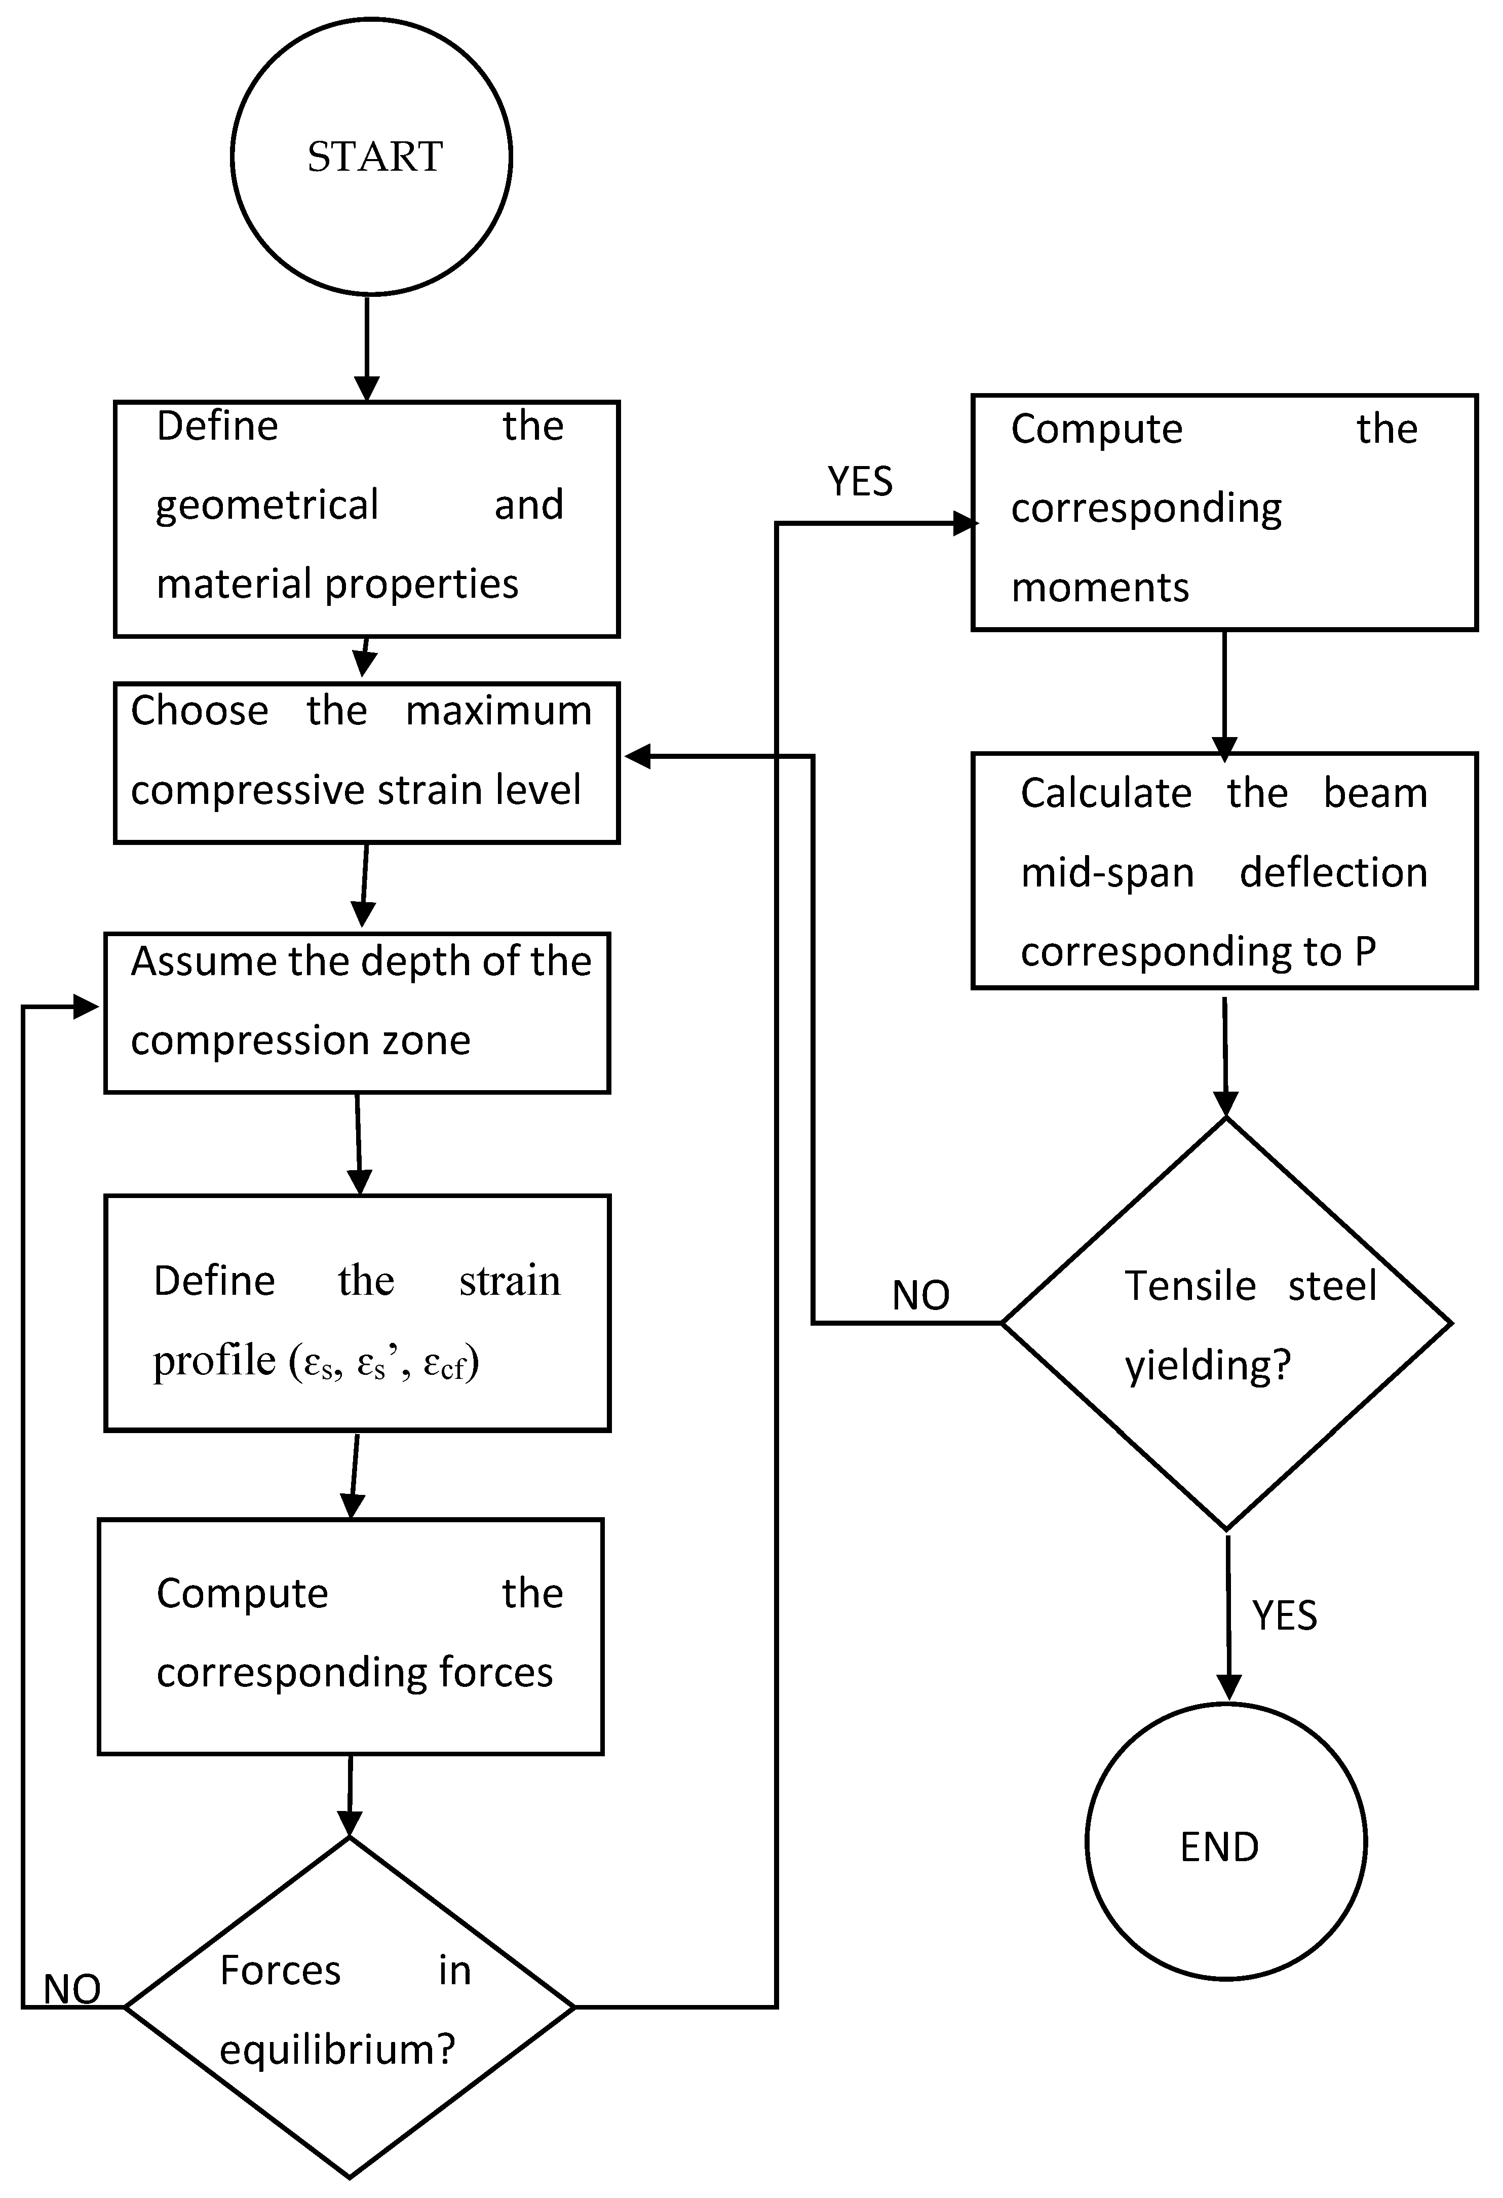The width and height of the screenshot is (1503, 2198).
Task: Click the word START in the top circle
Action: (374, 157)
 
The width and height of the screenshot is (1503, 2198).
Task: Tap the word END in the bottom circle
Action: (1219, 1847)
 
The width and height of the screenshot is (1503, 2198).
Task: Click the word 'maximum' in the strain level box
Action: (498, 710)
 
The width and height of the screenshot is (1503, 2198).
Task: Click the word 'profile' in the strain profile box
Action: (214, 1361)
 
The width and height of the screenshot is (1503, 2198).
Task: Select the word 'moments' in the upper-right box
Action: (1100, 588)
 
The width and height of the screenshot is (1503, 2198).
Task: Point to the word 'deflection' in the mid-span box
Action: (1333, 872)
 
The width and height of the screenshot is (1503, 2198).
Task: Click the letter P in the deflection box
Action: (1365, 951)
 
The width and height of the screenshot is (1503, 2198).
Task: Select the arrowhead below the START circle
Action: (367, 388)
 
